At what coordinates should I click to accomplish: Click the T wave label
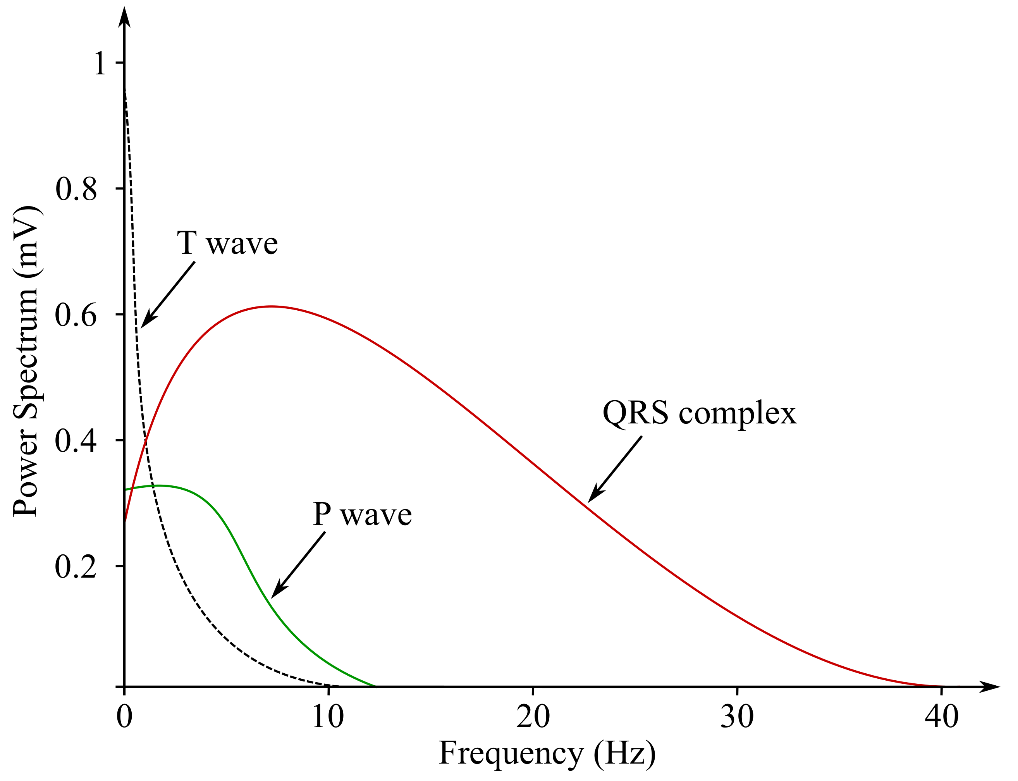(x=227, y=243)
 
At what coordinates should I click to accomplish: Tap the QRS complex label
(x=699, y=413)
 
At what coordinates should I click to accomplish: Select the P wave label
(x=362, y=514)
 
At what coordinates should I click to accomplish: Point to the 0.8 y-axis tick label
(x=76, y=189)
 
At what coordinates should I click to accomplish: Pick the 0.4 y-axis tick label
(x=76, y=441)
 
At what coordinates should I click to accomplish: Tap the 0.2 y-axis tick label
(x=76, y=567)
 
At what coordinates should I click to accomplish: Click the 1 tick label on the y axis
(x=100, y=63)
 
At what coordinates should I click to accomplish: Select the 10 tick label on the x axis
(x=328, y=716)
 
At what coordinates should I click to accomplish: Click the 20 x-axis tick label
(x=533, y=716)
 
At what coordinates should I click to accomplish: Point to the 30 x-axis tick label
(x=737, y=716)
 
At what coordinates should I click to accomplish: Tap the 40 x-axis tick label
(x=941, y=716)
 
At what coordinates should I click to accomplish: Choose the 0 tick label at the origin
(x=124, y=716)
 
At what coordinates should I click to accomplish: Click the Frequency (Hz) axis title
(x=547, y=753)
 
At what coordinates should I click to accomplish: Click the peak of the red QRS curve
(x=272, y=306)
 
